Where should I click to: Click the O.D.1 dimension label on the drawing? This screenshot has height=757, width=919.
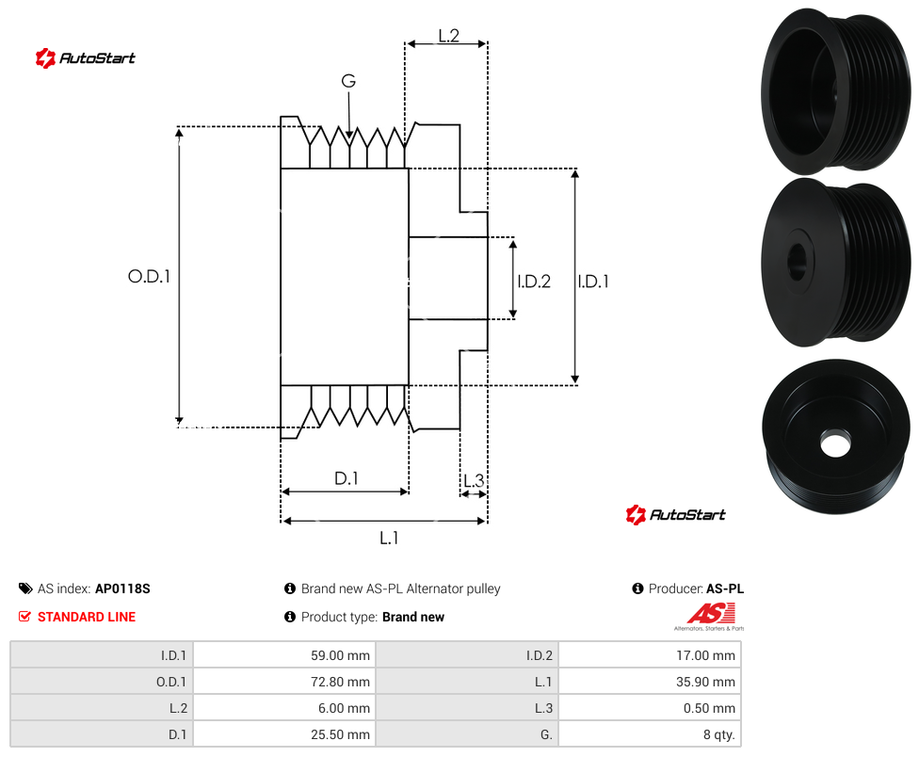click(x=149, y=276)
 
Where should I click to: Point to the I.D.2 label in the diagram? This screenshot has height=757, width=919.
click(x=534, y=282)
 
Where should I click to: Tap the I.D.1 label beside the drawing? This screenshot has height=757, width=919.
click(x=593, y=282)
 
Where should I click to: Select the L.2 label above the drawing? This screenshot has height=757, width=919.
click(x=448, y=36)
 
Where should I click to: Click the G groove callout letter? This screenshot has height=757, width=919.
click(x=348, y=81)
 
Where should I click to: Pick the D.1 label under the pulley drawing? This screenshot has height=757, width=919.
click(x=347, y=478)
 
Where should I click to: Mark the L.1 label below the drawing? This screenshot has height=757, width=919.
click(x=389, y=538)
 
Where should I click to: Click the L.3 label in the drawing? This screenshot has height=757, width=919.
click(x=474, y=481)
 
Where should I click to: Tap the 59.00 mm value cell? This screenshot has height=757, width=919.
click(x=341, y=655)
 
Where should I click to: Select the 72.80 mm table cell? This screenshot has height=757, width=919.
click(x=341, y=682)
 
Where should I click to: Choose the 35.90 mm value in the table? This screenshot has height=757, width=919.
click(x=705, y=682)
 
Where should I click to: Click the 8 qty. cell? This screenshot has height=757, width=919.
click(x=719, y=734)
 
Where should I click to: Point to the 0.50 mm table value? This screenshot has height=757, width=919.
click(x=709, y=708)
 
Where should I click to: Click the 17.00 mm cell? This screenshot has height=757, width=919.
click(x=705, y=655)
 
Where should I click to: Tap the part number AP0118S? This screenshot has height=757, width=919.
click(x=122, y=588)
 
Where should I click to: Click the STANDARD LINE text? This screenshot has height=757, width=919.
click(x=87, y=617)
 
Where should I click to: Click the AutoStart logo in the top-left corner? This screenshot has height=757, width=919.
click(x=85, y=58)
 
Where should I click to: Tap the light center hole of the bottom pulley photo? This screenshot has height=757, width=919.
click(x=835, y=443)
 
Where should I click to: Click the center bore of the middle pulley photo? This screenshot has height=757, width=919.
click(x=798, y=261)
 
